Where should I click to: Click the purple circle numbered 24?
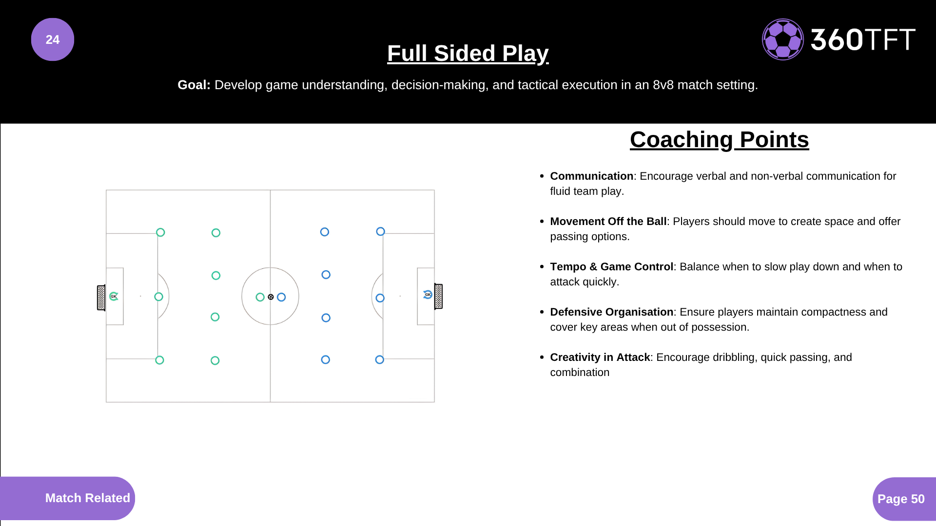tap(53, 39)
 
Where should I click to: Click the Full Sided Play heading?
tap(468, 54)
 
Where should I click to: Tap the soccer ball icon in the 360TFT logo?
tap(783, 39)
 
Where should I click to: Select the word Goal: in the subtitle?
tap(194, 85)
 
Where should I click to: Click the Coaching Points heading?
tap(720, 140)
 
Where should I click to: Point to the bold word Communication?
tap(591, 176)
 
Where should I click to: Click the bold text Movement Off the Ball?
tap(608, 222)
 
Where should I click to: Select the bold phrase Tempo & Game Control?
tap(611, 267)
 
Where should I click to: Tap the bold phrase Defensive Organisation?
tap(611, 312)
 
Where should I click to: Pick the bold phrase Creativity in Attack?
tap(600, 357)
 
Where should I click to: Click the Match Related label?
tap(88, 498)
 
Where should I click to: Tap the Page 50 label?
tap(901, 499)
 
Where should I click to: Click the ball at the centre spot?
tap(271, 297)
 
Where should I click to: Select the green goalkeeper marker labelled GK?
tap(114, 296)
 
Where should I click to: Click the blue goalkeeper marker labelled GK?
tap(428, 294)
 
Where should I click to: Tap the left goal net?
tap(101, 298)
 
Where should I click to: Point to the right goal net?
tap(438, 296)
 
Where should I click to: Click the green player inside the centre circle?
tap(260, 297)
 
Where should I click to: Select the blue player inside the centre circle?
tap(281, 297)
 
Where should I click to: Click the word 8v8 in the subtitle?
tap(663, 85)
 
